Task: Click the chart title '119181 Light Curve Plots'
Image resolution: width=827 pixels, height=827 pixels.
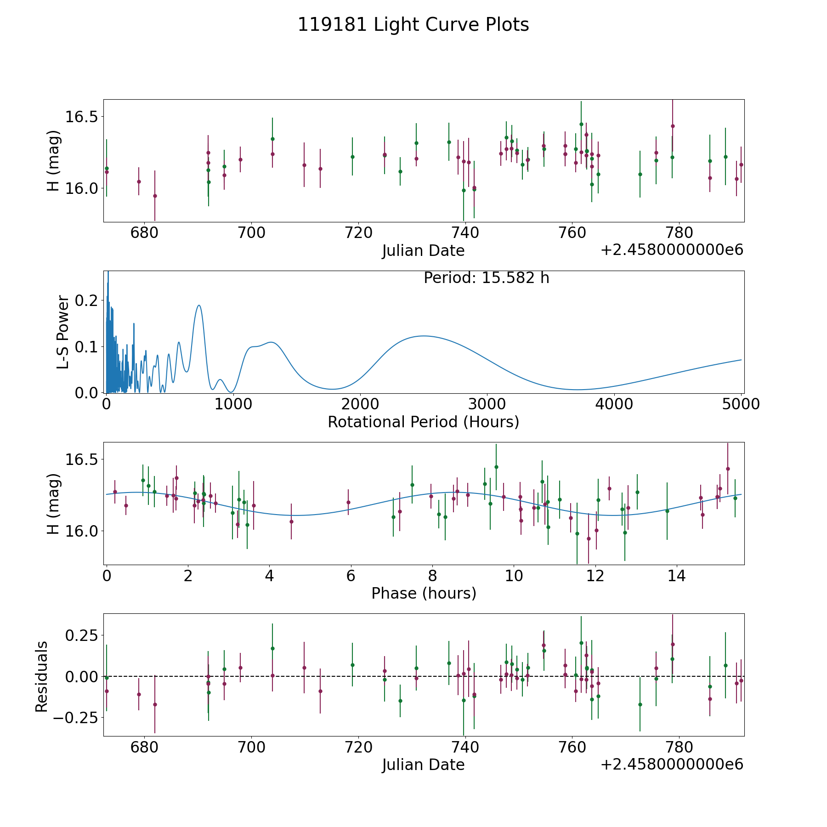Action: [413, 25]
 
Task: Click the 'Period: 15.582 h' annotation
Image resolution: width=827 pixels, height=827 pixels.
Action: [487, 278]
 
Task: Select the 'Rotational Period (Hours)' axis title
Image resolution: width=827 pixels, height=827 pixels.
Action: [424, 422]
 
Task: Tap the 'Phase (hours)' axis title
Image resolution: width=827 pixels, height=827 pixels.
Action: [424, 593]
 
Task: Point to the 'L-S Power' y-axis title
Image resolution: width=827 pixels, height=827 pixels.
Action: [63, 332]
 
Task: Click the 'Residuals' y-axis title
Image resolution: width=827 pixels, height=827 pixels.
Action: [42, 676]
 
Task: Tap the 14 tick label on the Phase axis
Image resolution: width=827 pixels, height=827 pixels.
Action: [677, 576]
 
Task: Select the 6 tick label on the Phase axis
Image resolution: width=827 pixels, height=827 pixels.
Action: [351, 576]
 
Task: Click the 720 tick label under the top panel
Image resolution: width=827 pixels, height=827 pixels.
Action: [358, 233]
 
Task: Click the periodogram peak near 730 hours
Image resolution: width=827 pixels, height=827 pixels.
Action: [199, 305]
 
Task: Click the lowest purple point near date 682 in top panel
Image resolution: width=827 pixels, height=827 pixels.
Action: [155, 196]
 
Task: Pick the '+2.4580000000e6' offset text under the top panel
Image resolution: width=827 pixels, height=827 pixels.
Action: [672, 250]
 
